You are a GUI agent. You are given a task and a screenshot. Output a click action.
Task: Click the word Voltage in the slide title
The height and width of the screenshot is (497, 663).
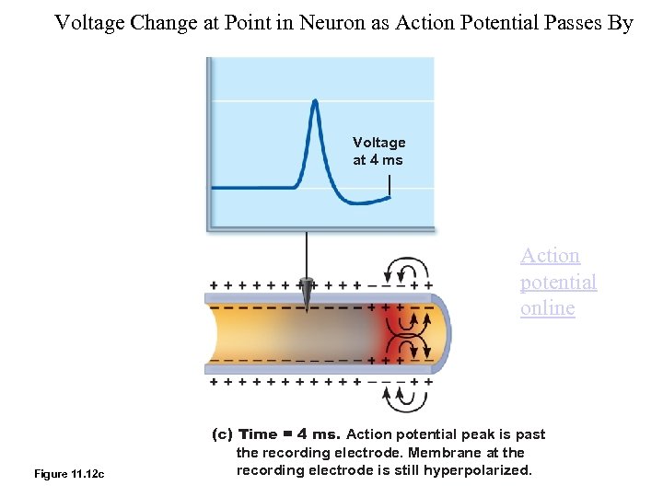89,23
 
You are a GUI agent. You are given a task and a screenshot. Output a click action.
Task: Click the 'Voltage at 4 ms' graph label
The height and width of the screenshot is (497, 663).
378,151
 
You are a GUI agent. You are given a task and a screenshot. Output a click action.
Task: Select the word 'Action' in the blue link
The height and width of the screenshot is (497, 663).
550,256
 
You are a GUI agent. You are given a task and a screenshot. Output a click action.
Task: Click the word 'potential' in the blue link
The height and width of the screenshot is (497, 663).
558,282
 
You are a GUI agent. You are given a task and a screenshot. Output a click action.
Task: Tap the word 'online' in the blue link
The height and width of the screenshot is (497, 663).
547,307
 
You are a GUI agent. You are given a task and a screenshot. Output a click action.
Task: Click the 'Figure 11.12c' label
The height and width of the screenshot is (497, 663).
69,474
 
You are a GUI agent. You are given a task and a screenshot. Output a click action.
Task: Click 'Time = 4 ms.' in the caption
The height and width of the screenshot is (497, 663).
289,434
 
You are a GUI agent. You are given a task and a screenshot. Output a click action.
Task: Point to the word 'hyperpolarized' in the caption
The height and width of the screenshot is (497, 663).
483,470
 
